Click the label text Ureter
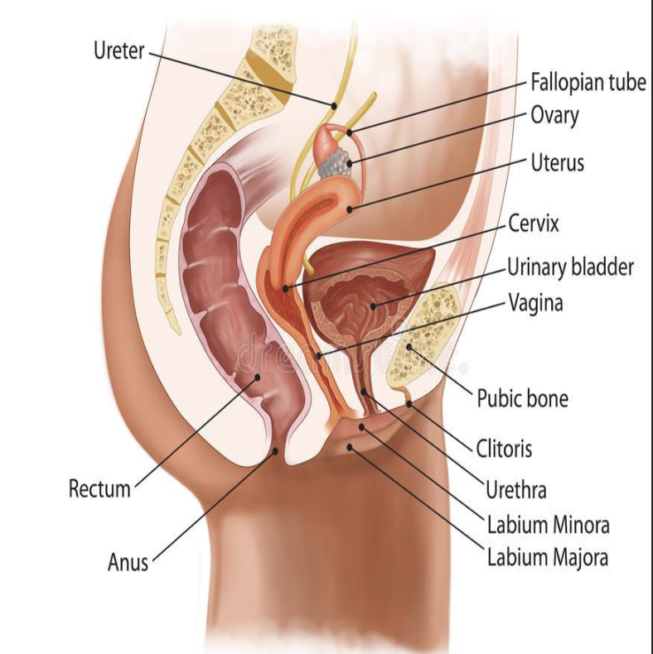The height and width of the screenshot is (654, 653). [x=119, y=51]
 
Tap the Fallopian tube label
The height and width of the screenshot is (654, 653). [x=588, y=83]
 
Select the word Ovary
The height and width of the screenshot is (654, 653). [x=554, y=115]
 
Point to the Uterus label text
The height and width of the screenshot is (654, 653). [x=557, y=162]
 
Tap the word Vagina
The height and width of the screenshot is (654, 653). [x=535, y=303]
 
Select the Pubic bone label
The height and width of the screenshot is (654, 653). [x=522, y=399]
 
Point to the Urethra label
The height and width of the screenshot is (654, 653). [x=516, y=489]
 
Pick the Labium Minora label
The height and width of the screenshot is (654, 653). [x=548, y=524]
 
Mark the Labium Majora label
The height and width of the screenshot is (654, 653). [x=547, y=557]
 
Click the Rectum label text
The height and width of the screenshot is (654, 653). [x=99, y=488]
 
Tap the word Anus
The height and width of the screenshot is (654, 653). [x=128, y=562]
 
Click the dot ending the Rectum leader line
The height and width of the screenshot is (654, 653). [x=258, y=377]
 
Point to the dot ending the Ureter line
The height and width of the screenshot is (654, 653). [x=334, y=105]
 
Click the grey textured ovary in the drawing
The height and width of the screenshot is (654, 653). [x=335, y=162]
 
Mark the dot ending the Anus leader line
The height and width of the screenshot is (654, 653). [x=277, y=451]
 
